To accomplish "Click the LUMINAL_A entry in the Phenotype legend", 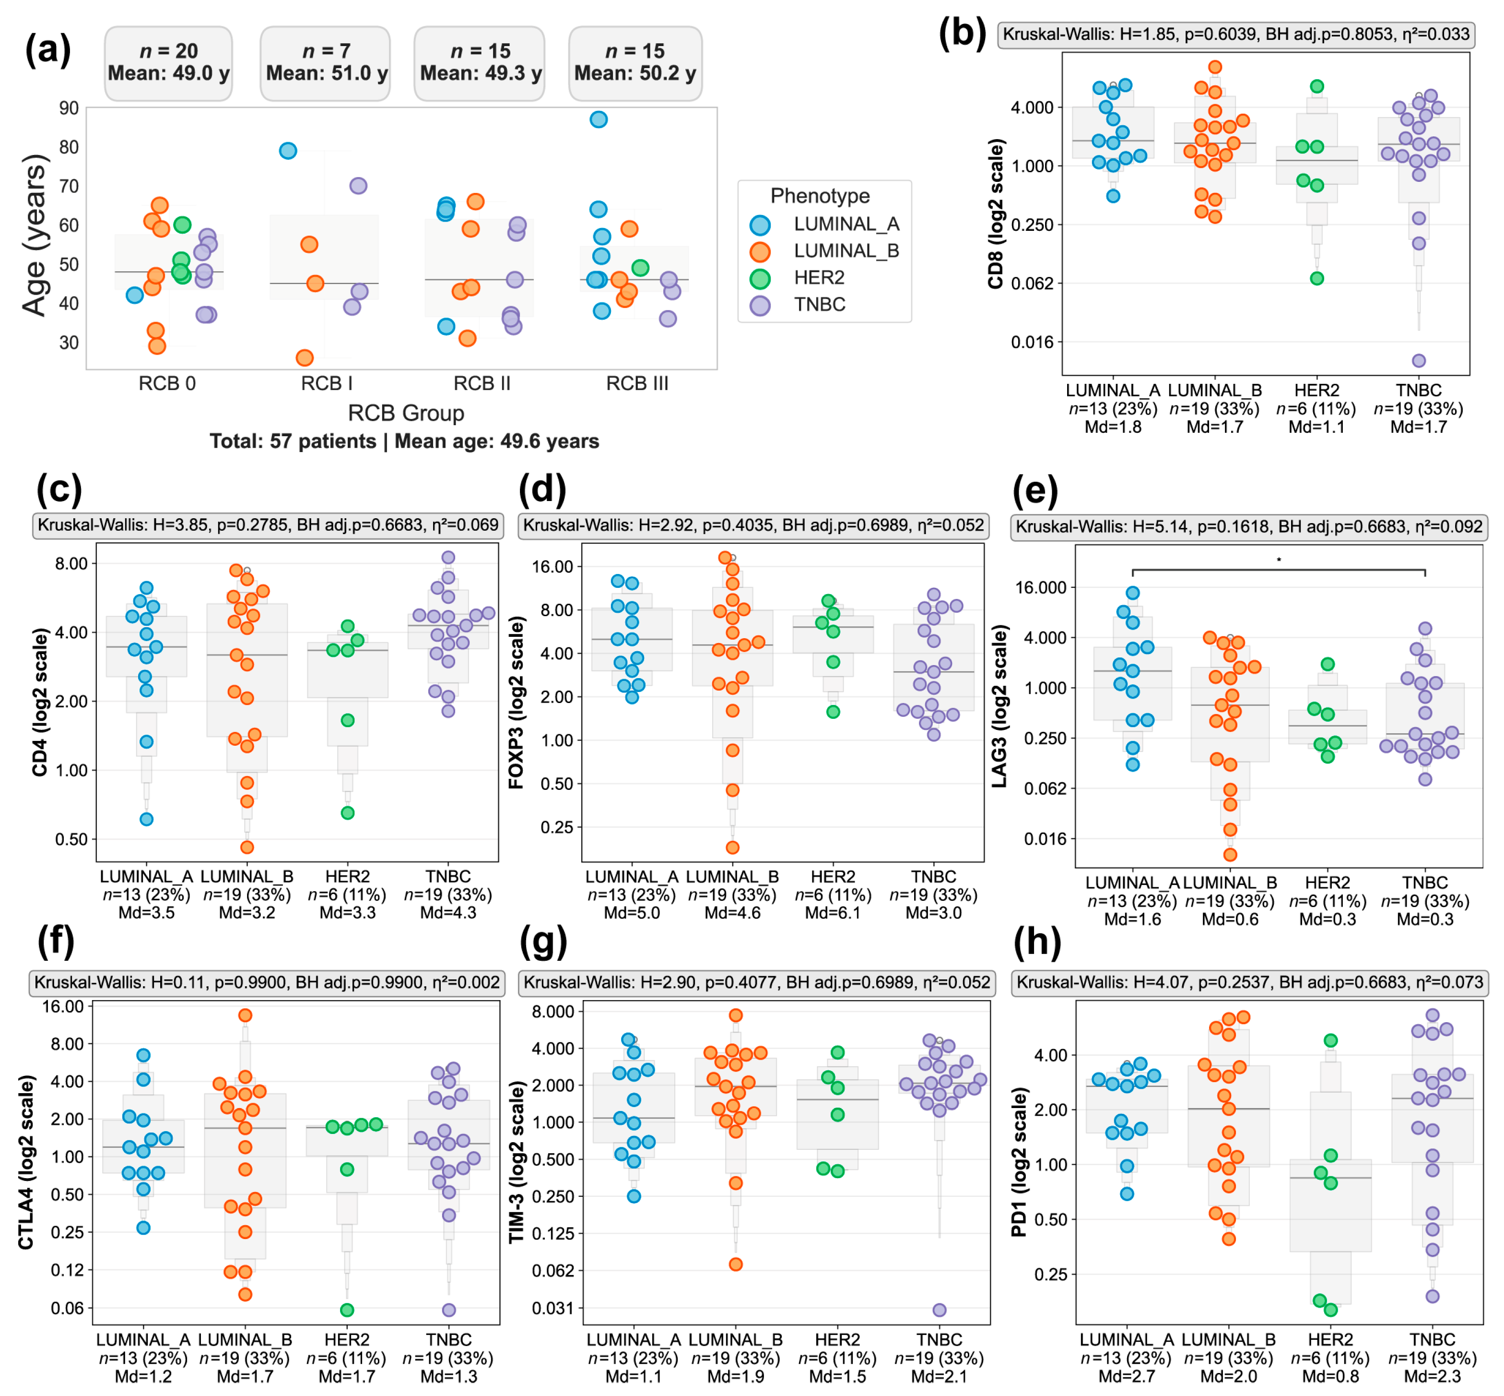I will point(845,225).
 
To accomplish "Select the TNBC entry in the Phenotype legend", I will point(819,304).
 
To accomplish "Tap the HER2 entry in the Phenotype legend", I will point(819,278).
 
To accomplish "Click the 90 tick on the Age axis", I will point(69,108).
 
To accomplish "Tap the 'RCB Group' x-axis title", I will point(405,413).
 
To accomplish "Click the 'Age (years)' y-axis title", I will point(35,235).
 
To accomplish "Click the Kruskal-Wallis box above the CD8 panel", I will point(1235,34).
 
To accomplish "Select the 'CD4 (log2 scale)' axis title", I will point(40,702).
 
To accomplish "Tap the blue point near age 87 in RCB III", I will point(598,119).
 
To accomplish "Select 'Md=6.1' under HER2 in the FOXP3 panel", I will point(833,913).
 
